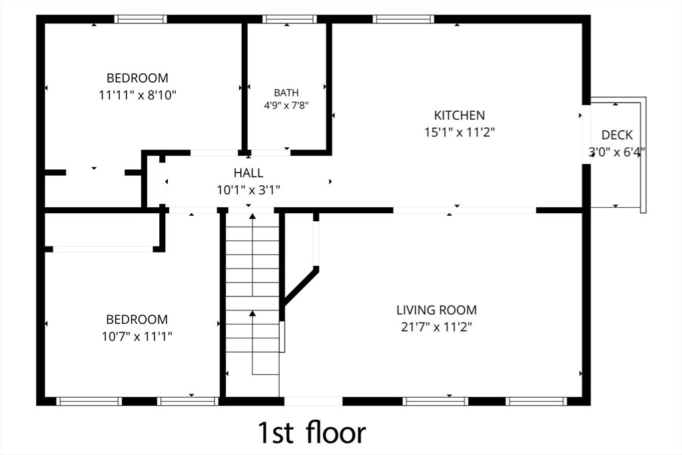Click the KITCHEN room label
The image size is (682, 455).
[460, 115]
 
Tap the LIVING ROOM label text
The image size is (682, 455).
[436, 310]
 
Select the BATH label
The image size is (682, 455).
[286, 93]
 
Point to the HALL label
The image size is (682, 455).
[248, 173]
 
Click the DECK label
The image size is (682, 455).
[617, 135]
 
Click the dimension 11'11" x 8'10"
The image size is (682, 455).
[137, 95]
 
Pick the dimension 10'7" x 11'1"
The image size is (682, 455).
[137, 336]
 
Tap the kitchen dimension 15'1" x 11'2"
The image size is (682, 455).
[460, 133]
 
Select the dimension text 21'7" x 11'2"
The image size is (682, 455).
[437, 327]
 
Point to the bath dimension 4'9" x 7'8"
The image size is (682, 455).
[286, 105]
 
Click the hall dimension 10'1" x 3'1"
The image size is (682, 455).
[248, 190]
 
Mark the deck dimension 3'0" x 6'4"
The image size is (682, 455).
[616, 153]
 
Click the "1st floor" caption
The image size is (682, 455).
[312, 432]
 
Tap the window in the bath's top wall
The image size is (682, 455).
[289, 19]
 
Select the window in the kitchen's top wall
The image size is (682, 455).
[404, 19]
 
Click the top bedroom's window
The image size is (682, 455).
[141, 19]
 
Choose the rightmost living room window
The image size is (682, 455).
[536, 401]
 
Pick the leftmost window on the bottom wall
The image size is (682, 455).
[89, 401]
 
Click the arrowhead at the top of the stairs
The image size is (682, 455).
[252, 217]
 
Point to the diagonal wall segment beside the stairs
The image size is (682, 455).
[300, 286]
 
